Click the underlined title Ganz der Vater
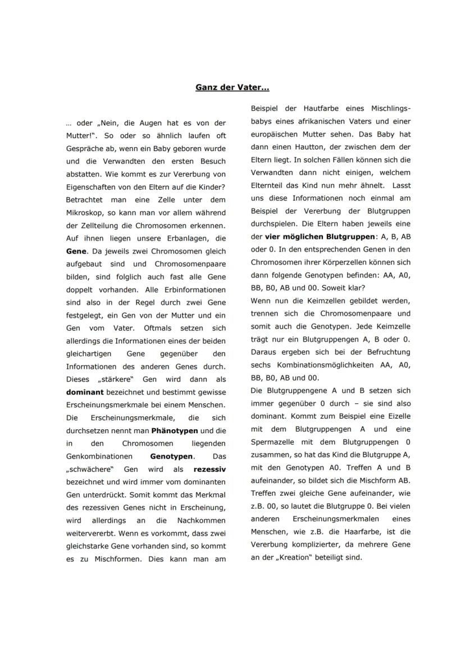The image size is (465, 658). pyautogui.click(x=232, y=88)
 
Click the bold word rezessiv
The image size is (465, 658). pyautogui.click(x=209, y=469)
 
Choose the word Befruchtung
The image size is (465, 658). pyautogui.click(x=385, y=352)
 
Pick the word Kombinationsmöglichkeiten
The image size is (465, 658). pyautogui.click(x=325, y=365)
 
